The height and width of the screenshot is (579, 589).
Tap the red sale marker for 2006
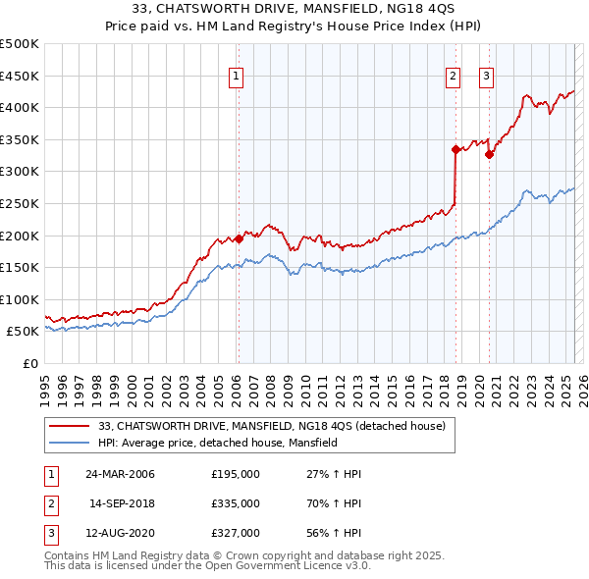(x=239, y=238)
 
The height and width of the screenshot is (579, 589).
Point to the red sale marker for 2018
(x=455, y=149)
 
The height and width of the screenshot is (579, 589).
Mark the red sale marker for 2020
(x=489, y=154)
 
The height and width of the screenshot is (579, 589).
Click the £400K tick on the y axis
(x=21, y=107)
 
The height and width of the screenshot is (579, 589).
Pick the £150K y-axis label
(x=21, y=267)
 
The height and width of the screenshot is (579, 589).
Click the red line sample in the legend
(x=70, y=426)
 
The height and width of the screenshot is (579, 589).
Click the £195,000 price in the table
(x=236, y=474)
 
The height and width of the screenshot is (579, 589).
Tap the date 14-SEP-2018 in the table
(x=123, y=503)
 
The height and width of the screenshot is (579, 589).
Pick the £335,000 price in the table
(x=236, y=503)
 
